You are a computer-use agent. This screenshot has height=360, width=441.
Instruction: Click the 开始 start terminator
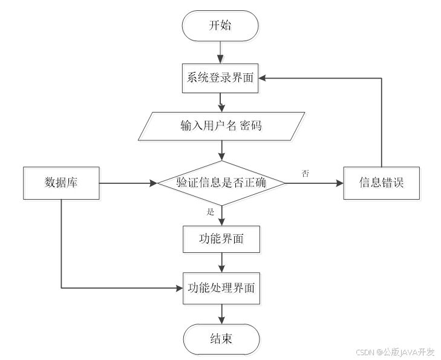221,27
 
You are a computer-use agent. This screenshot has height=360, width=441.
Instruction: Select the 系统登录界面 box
221,79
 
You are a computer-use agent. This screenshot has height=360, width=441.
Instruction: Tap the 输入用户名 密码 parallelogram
223,128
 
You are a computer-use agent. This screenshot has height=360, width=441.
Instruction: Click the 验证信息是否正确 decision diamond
223,184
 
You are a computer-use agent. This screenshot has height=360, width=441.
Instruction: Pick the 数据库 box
62,184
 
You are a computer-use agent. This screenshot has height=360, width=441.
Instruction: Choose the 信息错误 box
382,184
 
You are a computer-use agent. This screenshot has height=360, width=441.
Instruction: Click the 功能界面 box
223,240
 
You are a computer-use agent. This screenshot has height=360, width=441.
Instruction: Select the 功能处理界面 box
223,289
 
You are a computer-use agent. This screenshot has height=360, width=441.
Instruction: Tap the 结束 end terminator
223,341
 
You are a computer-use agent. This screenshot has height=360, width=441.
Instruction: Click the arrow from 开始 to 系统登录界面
221,53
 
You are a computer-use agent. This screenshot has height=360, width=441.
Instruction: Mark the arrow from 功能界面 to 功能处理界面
223,264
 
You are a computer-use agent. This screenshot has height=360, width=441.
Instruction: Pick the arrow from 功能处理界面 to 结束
223,315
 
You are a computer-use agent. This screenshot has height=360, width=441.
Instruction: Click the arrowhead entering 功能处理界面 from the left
179,288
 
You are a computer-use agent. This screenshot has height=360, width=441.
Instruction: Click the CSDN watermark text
363,352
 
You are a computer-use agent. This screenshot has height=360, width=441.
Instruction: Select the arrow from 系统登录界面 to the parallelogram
221,103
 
